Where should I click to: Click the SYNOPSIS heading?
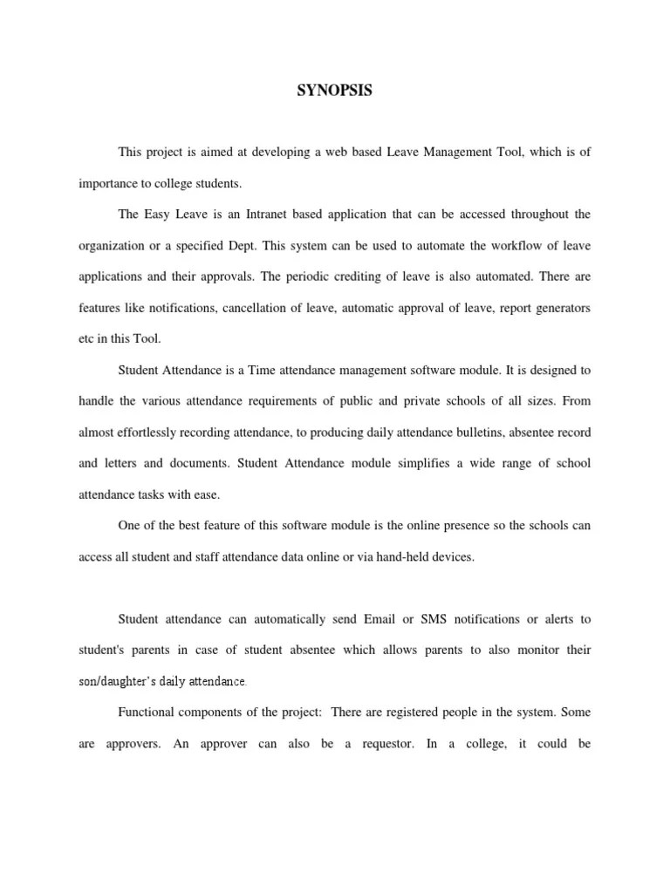tap(335, 90)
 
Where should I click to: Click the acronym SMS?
tap(435, 619)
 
